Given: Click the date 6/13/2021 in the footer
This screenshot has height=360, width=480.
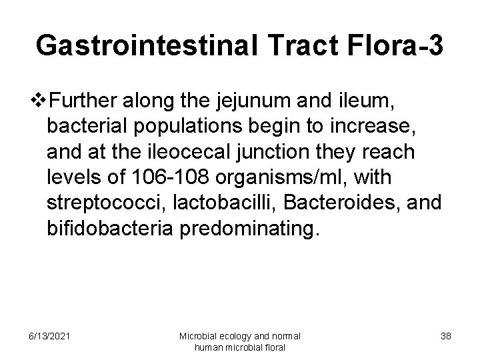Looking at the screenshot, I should pyautogui.click(x=47, y=336).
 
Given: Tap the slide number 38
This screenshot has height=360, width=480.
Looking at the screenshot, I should pyautogui.click(x=445, y=336).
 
